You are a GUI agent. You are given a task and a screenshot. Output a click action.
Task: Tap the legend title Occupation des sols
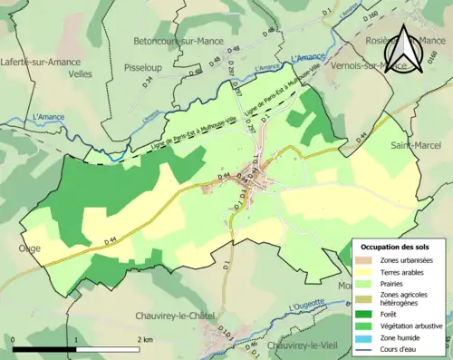(x=397, y=247)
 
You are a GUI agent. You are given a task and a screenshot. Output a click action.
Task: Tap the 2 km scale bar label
(x=145, y=338)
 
